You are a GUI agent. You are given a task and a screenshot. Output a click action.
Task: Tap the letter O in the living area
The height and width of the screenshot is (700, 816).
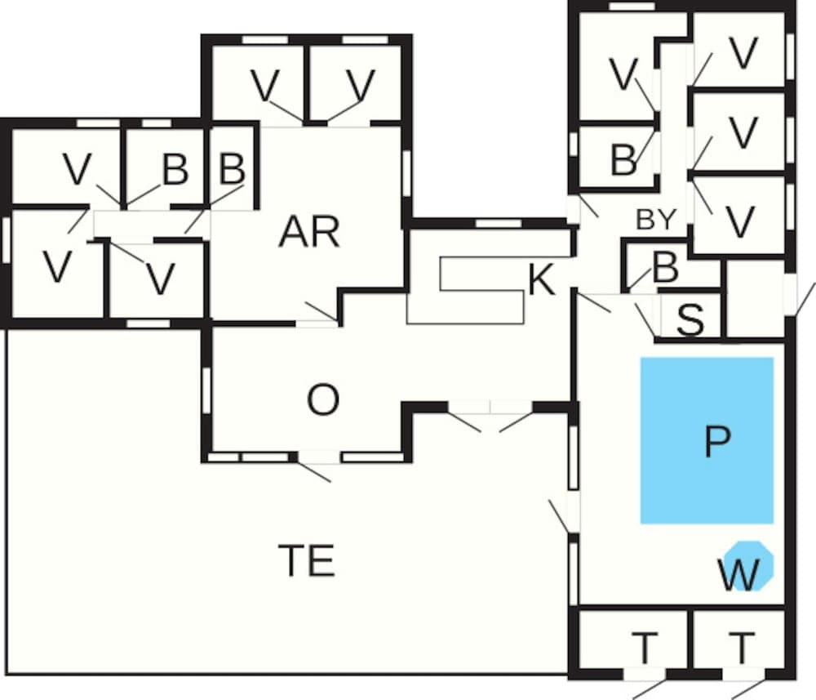click(x=322, y=400)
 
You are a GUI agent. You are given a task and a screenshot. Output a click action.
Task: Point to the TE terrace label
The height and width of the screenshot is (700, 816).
click(x=307, y=561)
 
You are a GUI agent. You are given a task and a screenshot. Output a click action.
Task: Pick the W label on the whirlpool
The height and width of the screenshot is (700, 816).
click(x=738, y=575)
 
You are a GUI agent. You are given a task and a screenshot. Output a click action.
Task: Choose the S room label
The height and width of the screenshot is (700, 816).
click(x=690, y=321)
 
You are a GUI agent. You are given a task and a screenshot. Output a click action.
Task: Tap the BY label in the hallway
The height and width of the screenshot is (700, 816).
click(x=656, y=220)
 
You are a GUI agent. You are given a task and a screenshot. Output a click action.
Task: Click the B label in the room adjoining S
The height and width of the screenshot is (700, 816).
click(x=666, y=268)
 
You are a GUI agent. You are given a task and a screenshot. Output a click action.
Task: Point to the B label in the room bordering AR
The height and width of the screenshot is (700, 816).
click(x=233, y=170)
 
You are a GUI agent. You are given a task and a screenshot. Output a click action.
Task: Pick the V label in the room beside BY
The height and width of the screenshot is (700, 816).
click(x=738, y=223)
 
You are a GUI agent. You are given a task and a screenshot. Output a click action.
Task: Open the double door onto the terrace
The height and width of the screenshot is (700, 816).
click(x=490, y=408)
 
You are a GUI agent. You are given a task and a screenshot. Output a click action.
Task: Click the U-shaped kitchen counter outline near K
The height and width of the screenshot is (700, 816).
click(x=481, y=291)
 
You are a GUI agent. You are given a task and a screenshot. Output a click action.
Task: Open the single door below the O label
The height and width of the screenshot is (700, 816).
click(x=320, y=457)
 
